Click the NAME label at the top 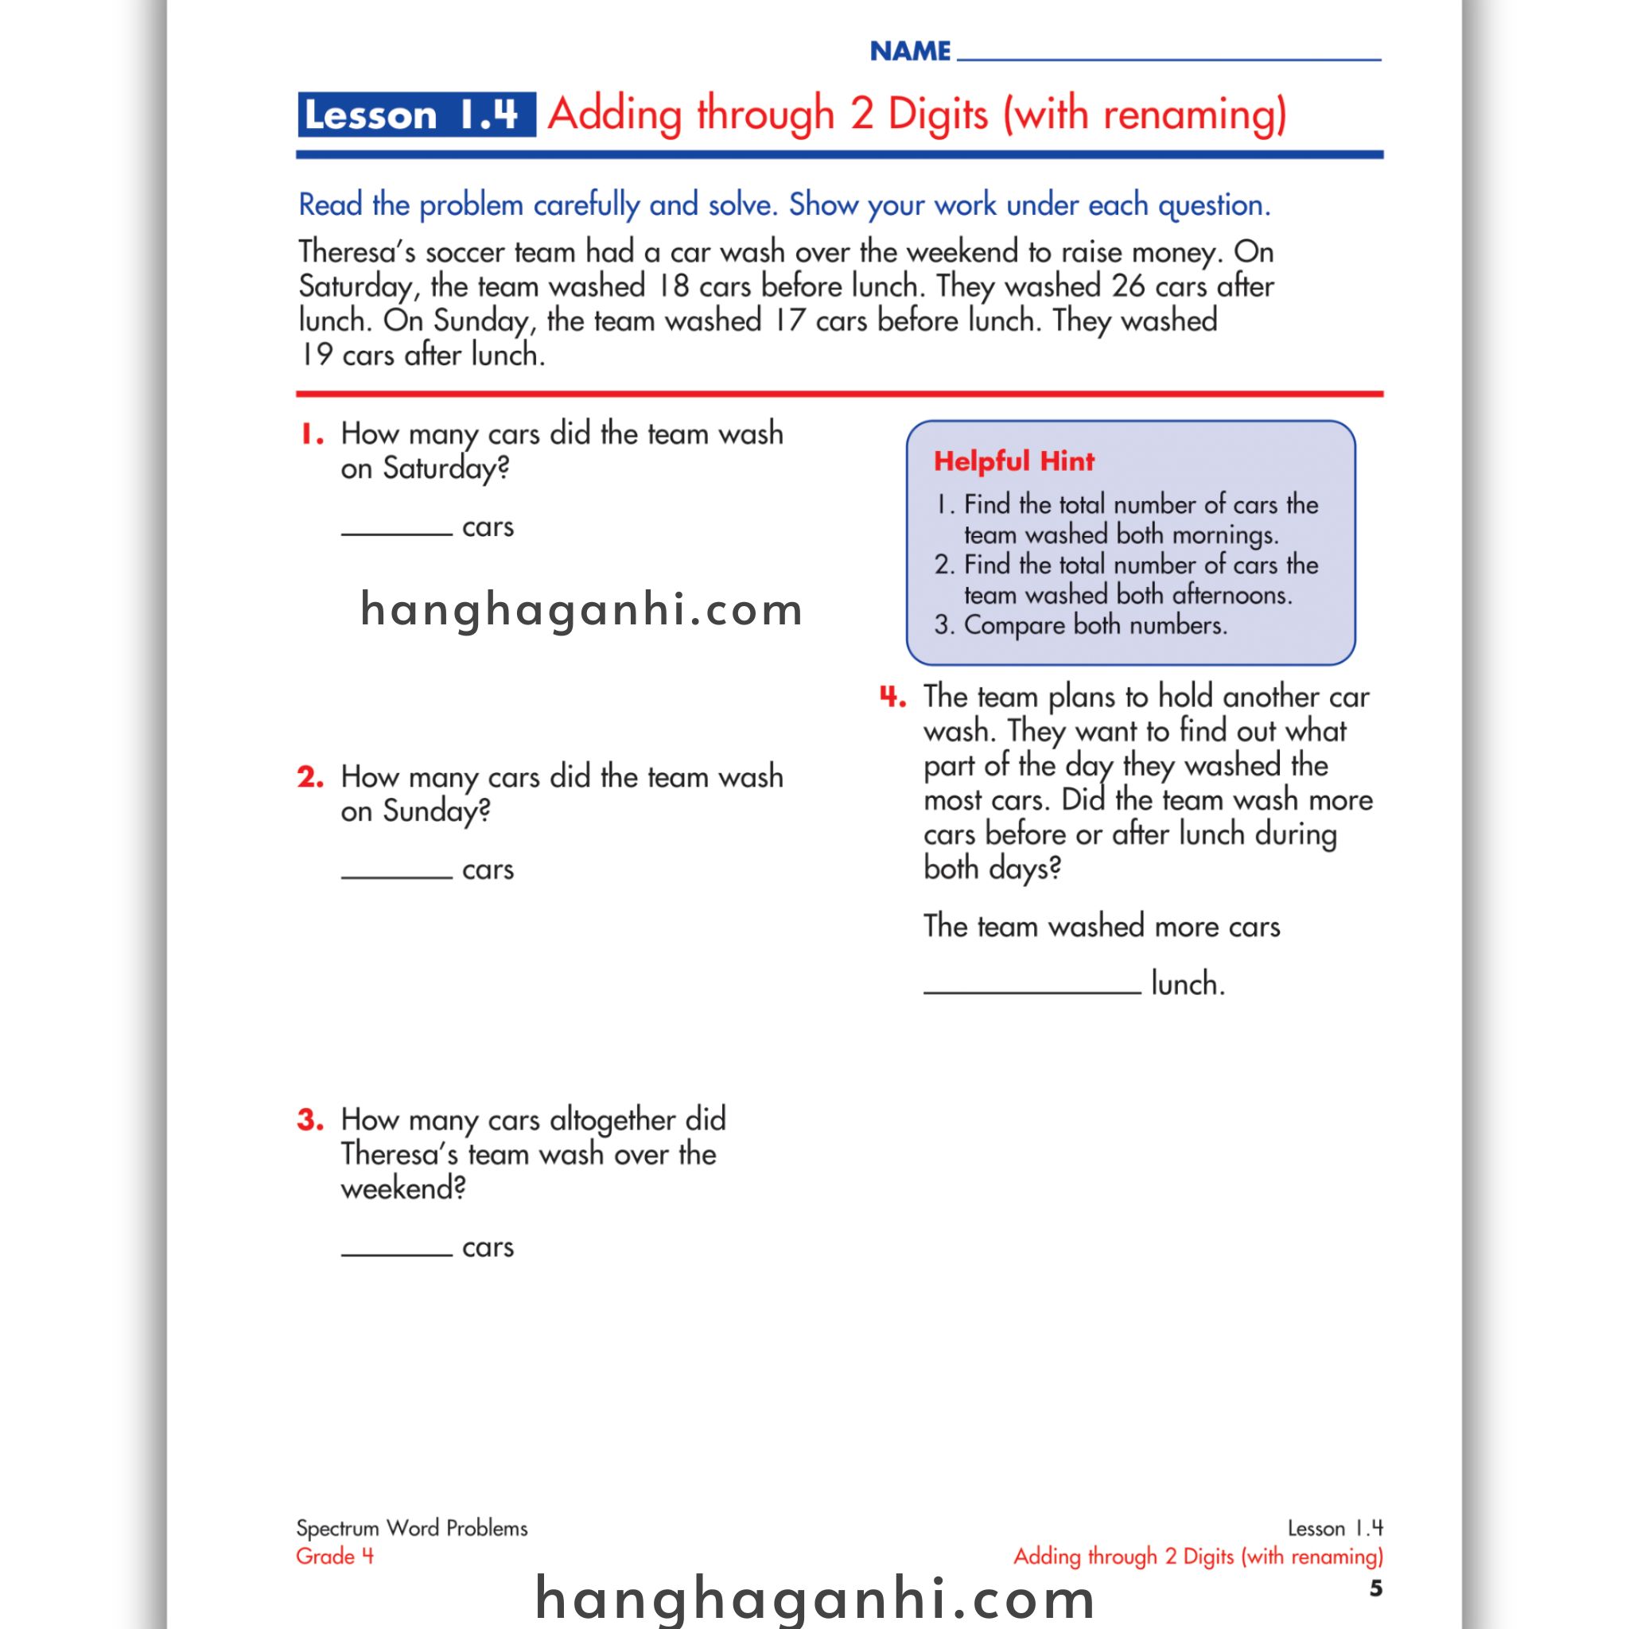[910, 52]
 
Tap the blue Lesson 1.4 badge [416, 115]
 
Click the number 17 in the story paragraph [789, 321]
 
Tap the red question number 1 [312, 435]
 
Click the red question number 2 [310, 776]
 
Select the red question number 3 [310, 1120]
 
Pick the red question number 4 [892, 698]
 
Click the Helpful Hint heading [1013, 461]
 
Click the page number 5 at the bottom [1375, 1588]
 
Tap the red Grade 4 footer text [335, 1557]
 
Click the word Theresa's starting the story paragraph [356, 252]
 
